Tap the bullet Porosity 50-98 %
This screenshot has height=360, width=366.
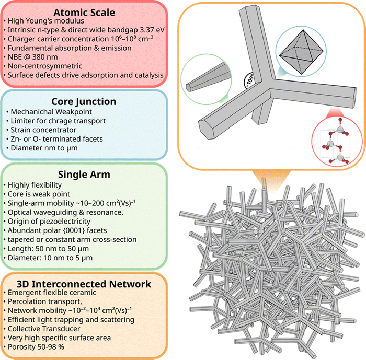[36, 347]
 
